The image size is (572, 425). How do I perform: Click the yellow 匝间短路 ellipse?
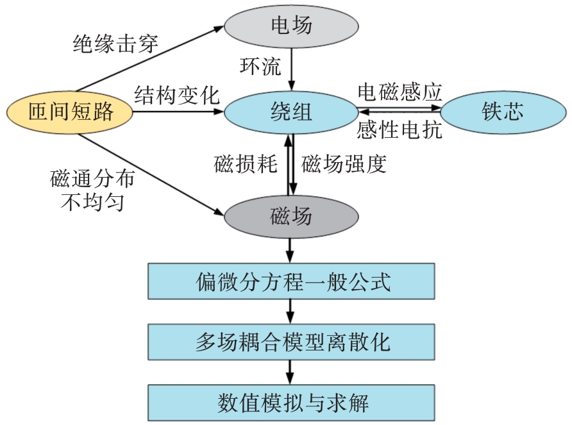click(70, 112)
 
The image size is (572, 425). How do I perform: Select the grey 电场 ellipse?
click(291, 26)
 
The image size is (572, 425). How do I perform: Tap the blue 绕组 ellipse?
click(291, 112)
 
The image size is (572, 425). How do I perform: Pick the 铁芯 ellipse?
click(502, 112)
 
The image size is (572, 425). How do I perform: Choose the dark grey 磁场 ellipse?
click(291, 216)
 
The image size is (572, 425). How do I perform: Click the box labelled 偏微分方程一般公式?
click(291, 281)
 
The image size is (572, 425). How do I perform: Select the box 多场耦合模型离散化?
click(291, 342)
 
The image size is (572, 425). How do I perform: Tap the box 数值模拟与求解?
click(291, 403)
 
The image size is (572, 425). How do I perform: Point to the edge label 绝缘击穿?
click(116, 44)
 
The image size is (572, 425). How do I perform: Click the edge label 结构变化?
click(176, 95)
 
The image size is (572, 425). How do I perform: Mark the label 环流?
click(260, 66)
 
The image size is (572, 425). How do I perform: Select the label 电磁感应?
click(400, 92)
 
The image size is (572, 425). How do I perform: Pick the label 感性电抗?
click(400, 131)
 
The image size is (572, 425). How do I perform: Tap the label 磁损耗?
click(245, 165)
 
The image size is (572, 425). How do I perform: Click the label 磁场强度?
click(344, 165)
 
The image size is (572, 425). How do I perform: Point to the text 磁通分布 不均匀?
click(93, 190)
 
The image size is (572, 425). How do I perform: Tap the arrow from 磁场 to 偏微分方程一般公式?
click(291, 249)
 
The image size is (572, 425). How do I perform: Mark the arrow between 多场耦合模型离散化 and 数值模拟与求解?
click(291, 372)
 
